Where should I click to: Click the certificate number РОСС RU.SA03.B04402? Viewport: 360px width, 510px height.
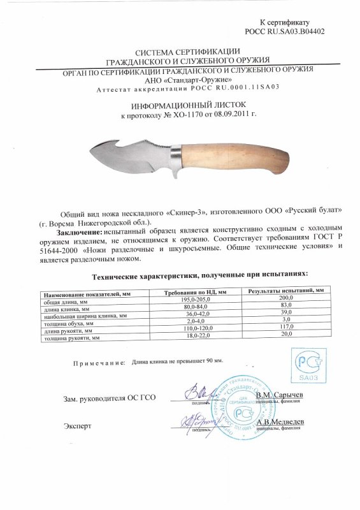(x=290, y=30)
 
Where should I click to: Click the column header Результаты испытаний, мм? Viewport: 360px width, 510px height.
(x=284, y=291)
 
